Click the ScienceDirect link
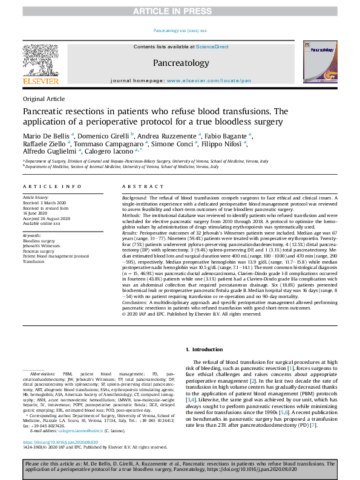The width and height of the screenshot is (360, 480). click(214, 47)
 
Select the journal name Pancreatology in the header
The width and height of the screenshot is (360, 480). click(180, 63)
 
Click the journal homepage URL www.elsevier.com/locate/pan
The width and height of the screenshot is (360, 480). click(209, 80)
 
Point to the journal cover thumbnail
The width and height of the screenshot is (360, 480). click(317, 62)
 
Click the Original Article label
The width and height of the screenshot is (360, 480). click(43, 98)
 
